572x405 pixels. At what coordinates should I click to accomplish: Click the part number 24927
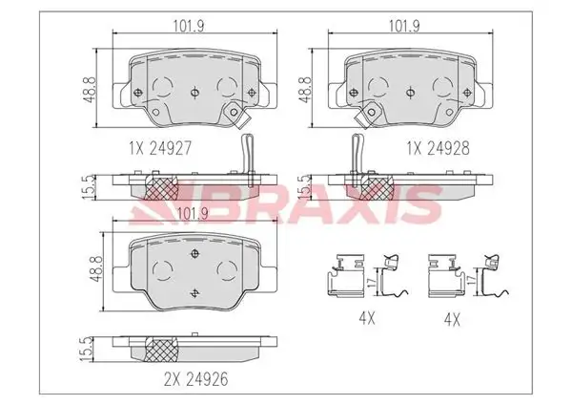click(x=172, y=148)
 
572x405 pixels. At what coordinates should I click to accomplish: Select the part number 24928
click(x=448, y=148)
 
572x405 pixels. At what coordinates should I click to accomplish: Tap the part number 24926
click(x=207, y=379)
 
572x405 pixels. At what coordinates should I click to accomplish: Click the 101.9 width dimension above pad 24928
click(x=404, y=26)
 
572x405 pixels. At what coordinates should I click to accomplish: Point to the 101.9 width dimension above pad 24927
click(x=188, y=26)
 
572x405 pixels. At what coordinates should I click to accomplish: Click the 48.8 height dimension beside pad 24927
click(x=90, y=89)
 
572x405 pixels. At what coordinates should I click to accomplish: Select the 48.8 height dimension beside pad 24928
click(x=305, y=89)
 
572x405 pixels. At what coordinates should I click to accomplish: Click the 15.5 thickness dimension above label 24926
click(x=88, y=349)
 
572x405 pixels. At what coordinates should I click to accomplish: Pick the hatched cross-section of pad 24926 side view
click(x=161, y=349)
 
